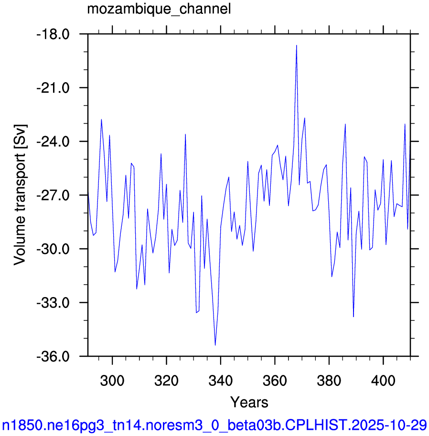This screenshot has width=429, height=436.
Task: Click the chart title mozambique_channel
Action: pos(159,10)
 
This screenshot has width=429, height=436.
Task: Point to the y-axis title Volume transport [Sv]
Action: pos(20,195)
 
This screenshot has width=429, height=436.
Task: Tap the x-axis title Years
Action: pos(249,403)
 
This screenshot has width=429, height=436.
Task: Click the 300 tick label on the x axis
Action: pos(112,381)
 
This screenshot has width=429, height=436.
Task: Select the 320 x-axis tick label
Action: pos(166,381)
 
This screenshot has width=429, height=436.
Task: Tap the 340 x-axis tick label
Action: pos(221,381)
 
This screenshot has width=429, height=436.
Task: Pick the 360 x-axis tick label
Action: pos(275,381)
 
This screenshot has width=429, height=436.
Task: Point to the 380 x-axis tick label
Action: pos(329,381)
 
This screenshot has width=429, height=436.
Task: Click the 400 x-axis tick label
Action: pos(383,381)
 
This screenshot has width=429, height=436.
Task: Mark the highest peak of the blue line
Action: pos(297,45)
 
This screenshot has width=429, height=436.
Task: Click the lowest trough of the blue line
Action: pos(215,345)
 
